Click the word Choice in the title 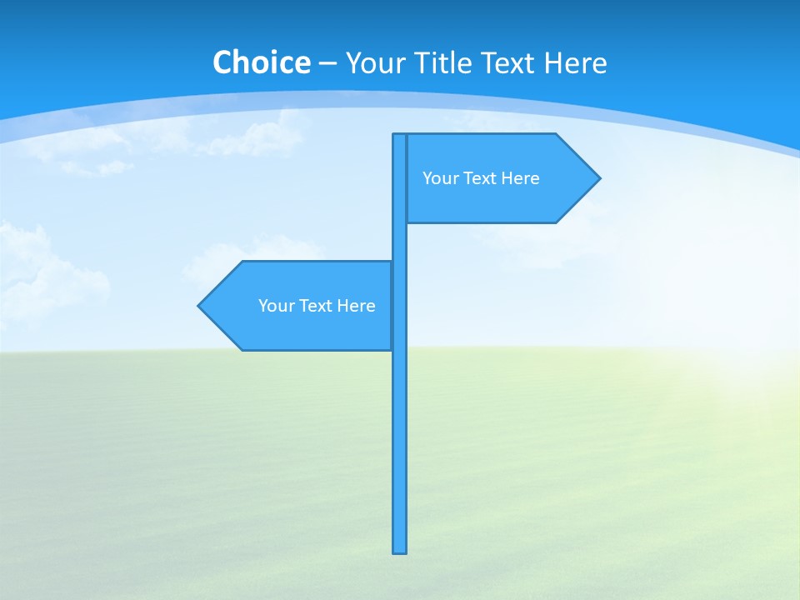pos(261,62)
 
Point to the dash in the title pos(327,63)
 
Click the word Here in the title pos(575,62)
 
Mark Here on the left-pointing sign pos(356,306)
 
